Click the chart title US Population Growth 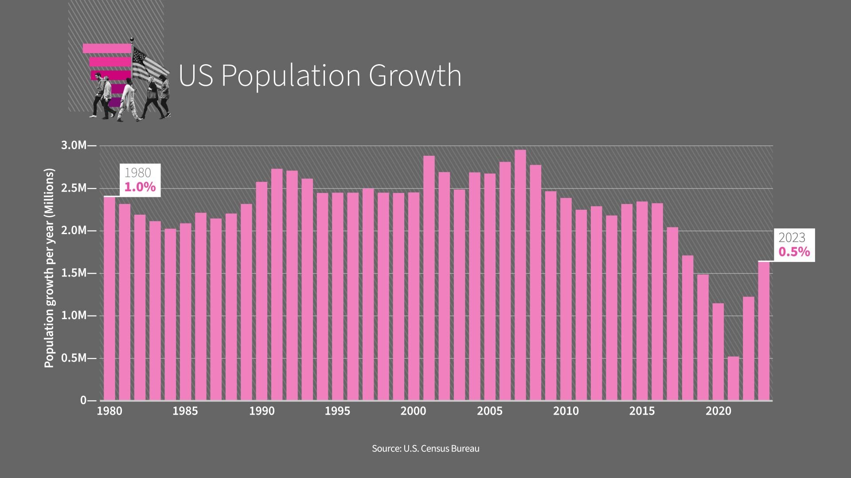point(320,75)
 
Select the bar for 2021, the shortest point(733,378)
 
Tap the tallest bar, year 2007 point(520,274)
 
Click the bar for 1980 point(109,299)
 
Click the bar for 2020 point(718,352)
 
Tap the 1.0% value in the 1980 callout point(140,187)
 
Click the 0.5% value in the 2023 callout point(794,252)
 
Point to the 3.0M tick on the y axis point(75,146)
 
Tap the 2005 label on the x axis point(490,411)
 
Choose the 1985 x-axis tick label point(185,411)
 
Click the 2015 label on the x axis point(642,411)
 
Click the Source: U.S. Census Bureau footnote point(425,448)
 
